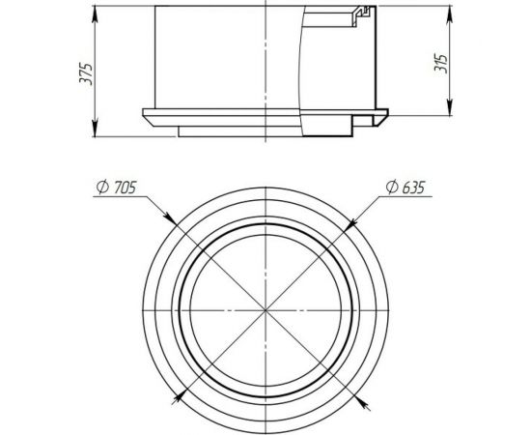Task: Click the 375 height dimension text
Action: click(x=86, y=72)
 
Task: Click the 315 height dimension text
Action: click(x=443, y=65)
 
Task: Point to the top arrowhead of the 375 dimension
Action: click(x=98, y=12)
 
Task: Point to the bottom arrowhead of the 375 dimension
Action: click(x=98, y=135)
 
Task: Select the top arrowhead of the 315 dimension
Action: click(x=454, y=12)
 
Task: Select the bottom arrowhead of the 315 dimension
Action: click(x=454, y=114)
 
